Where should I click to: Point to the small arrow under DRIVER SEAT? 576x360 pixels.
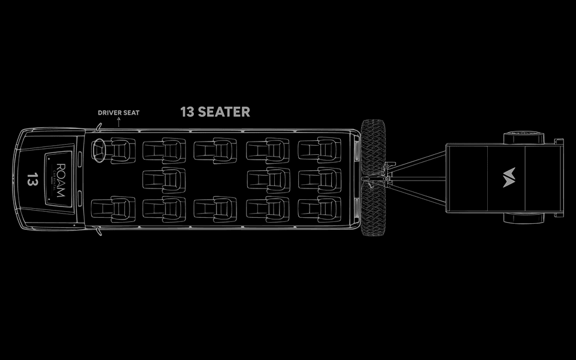pos(119,121)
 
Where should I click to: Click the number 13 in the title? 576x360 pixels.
pos(187,112)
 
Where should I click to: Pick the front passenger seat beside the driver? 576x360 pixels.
pos(111,209)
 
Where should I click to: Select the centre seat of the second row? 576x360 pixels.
pos(163,179)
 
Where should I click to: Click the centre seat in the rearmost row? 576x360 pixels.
pos(319,179)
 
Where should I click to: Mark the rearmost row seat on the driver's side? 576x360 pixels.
pos(319,150)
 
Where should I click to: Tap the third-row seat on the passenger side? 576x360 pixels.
pos(215,209)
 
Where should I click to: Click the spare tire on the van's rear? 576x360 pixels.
pos(373,178)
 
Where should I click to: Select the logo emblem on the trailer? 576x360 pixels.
pos(509,178)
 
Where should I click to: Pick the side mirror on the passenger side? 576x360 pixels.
pos(98,232)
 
